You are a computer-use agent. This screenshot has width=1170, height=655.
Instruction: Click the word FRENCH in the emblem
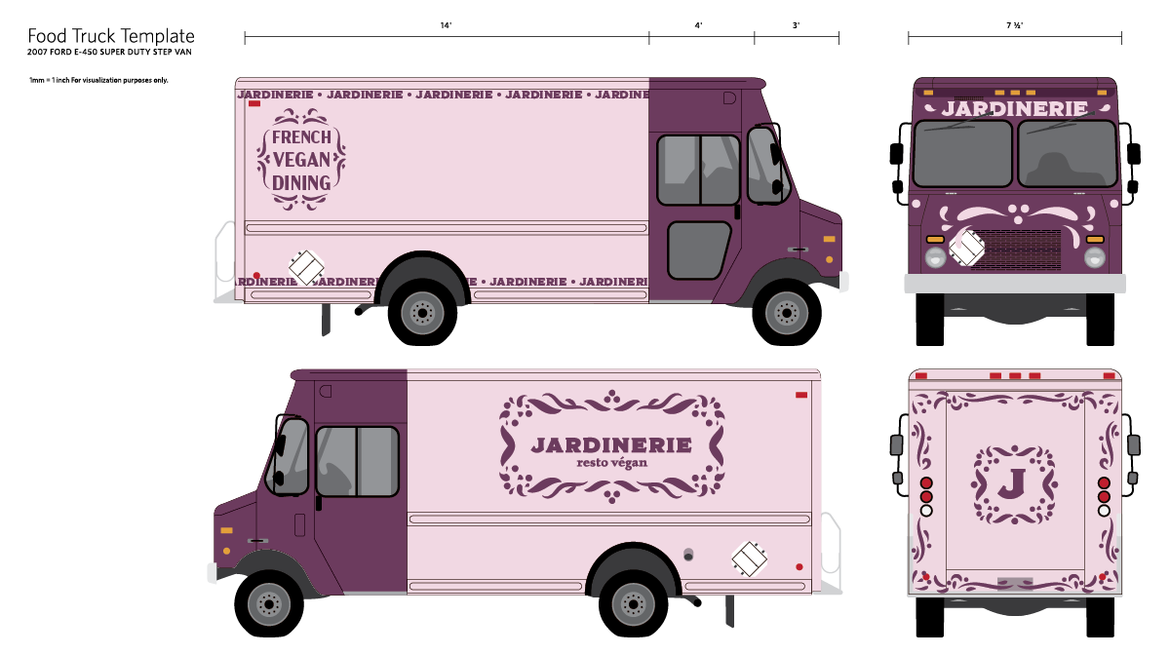click(301, 137)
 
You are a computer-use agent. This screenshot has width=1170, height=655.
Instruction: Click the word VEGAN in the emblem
click(301, 160)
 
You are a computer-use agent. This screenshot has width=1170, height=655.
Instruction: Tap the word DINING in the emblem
click(301, 182)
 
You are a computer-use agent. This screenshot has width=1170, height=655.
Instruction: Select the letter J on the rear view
click(1014, 483)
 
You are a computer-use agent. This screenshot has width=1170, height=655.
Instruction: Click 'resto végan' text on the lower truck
click(611, 462)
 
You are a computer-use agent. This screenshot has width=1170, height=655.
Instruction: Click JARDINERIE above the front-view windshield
click(1014, 108)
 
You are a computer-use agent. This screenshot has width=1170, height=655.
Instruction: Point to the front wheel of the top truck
click(786, 312)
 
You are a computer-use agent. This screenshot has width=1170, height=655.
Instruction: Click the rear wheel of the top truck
click(422, 312)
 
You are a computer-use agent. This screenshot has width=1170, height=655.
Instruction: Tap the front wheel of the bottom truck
click(268, 603)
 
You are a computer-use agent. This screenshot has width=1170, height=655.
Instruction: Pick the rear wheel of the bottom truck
click(633, 603)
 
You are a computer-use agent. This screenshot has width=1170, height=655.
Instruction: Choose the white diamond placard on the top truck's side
click(306, 267)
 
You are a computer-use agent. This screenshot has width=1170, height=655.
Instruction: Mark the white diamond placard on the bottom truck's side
click(749, 559)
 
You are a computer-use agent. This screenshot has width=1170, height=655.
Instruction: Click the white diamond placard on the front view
click(966, 248)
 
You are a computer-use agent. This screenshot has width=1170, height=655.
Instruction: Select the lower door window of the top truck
click(697, 250)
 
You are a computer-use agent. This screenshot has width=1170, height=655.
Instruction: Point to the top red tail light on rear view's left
click(926, 482)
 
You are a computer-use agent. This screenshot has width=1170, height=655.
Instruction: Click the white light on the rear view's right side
click(1104, 510)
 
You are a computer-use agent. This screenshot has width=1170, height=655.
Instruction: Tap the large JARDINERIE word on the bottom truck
click(611, 444)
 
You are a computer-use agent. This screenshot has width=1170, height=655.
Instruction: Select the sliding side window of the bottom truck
click(357, 461)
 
